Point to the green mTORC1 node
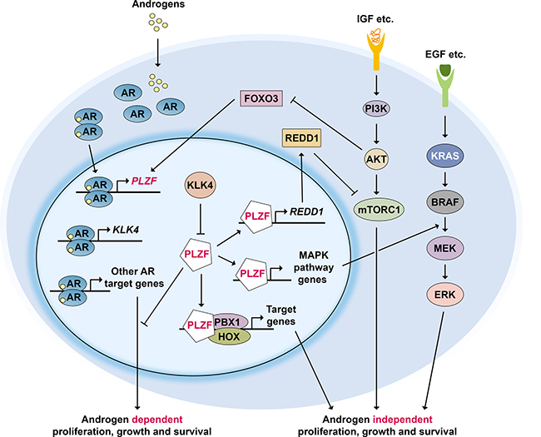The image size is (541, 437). point(378,211)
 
